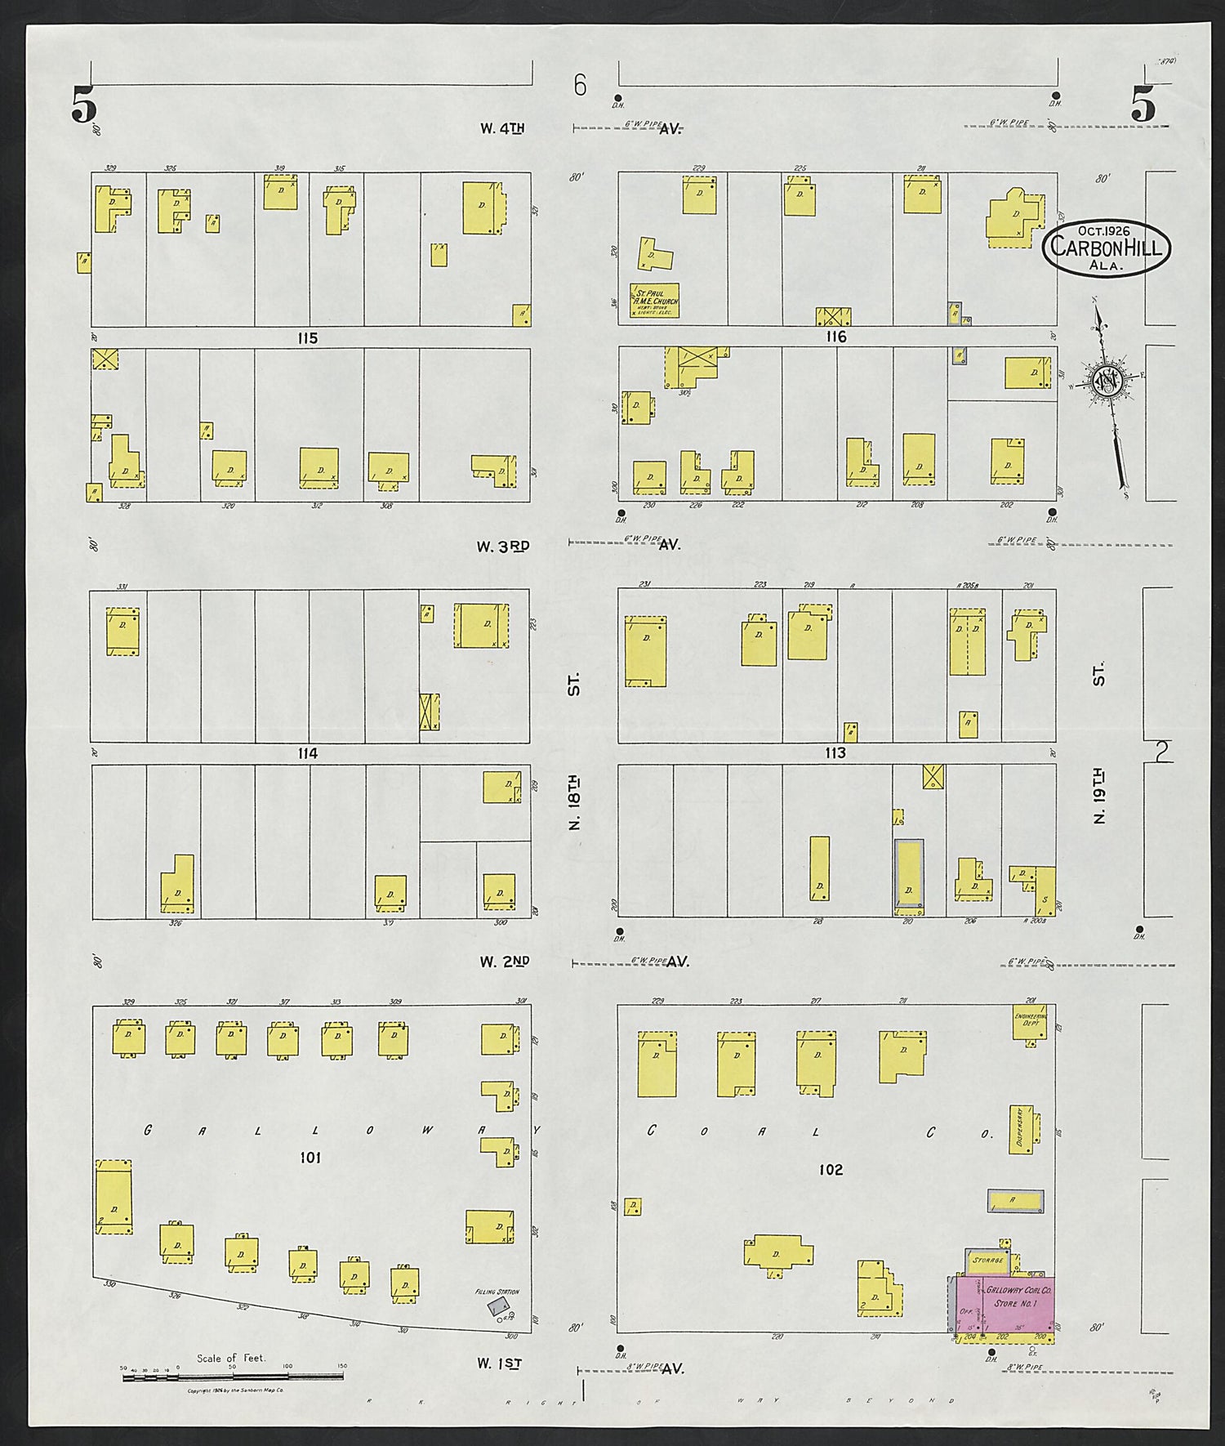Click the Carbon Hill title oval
1106,248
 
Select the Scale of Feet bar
232,1377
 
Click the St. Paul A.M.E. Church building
655,301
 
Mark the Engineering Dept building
1029,1021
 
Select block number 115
308,337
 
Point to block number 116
836,337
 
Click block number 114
308,753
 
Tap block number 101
310,1157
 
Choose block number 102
831,1169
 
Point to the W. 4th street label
502,128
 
